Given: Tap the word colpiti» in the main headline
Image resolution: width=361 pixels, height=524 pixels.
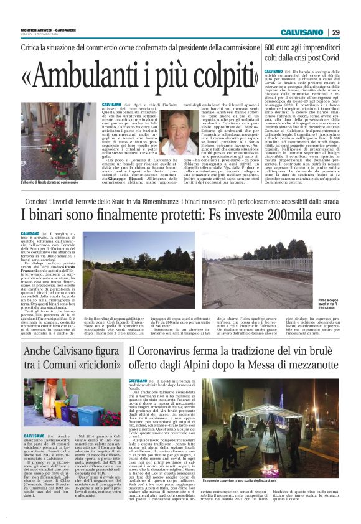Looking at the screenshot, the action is tap(204, 76).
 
